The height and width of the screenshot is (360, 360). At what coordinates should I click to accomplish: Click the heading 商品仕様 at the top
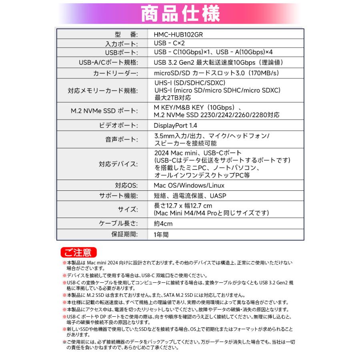(x=180, y=14)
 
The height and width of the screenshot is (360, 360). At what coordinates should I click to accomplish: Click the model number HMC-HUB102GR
(x=178, y=34)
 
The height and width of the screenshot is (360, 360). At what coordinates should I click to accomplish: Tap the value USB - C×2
(x=169, y=43)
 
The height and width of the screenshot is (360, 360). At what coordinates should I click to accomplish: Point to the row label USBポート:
(x=121, y=53)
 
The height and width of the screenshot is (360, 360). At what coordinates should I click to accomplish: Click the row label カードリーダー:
(x=115, y=74)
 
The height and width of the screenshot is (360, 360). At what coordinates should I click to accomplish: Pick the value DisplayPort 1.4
(x=176, y=126)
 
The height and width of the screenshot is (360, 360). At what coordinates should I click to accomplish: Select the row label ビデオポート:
(x=118, y=126)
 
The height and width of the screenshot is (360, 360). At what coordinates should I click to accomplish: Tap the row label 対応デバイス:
(x=118, y=164)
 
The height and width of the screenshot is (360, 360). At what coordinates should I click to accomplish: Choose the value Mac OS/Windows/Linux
(x=189, y=186)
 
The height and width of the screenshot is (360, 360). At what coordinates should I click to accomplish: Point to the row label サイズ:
(x=128, y=209)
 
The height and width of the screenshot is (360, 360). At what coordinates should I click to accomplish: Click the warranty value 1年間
(x=161, y=234)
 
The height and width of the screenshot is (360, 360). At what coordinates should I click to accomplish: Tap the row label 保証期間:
(x=124, y=234)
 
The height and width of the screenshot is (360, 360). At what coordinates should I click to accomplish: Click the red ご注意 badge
(x=78, y=252)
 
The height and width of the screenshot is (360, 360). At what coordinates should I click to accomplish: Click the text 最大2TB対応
(x=173, y=98)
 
